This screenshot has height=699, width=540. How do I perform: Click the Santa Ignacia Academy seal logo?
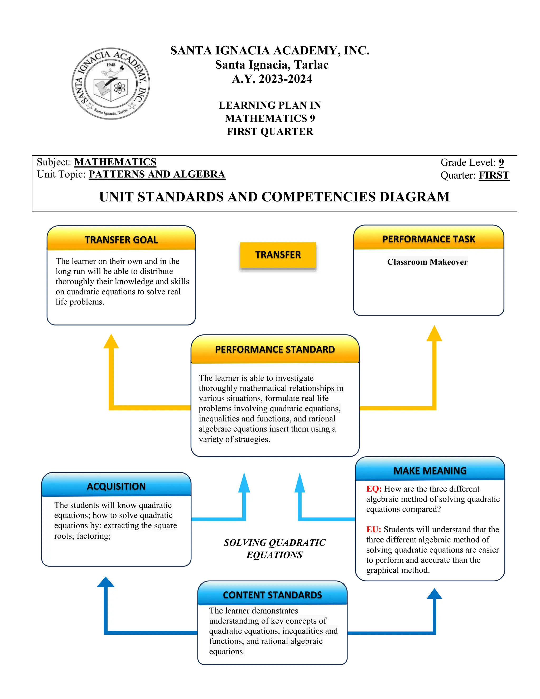111,84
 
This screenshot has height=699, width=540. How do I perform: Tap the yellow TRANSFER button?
278,255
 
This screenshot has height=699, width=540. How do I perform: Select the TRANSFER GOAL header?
121,240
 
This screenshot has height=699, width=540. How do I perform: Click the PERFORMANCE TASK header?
429,239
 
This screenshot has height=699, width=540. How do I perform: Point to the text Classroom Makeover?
427,262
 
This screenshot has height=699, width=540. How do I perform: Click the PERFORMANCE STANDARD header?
275,349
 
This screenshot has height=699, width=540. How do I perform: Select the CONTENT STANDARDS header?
272,595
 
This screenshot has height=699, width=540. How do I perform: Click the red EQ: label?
374,489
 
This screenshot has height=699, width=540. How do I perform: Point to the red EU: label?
373,529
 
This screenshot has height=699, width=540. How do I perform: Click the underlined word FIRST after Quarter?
494,175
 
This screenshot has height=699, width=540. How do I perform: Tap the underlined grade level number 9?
501,162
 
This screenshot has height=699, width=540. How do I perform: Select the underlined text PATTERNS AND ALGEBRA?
157,174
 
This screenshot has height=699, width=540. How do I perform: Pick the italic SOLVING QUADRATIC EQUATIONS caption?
274,549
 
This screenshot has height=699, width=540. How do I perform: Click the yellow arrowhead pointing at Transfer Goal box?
111,342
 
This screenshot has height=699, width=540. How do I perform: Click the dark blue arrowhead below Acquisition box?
105,582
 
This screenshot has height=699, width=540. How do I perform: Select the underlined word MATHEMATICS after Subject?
115,162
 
